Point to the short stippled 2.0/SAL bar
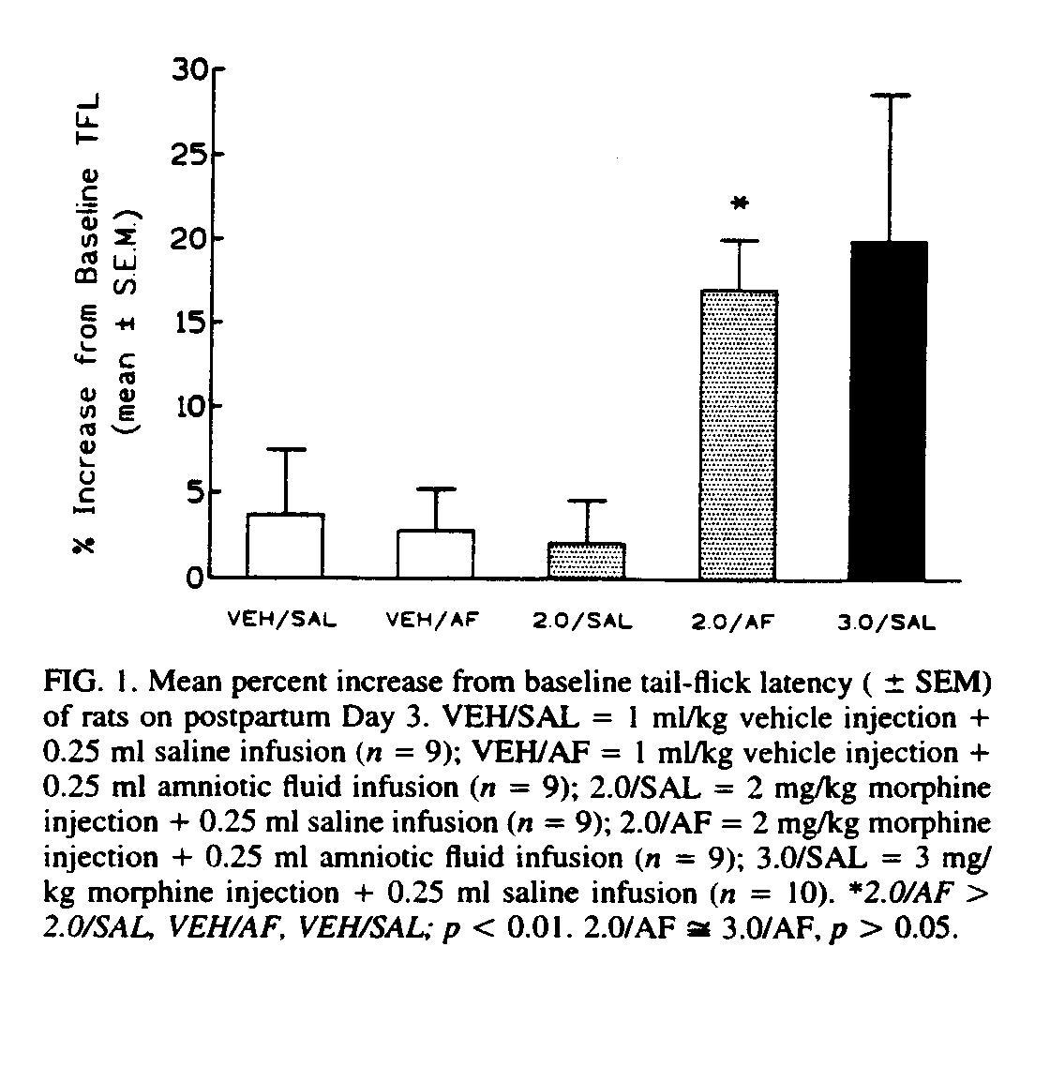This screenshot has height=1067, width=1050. click(587, 560)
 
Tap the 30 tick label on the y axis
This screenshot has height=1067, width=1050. click(193, 70)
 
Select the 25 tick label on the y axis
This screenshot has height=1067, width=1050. click(193, 155)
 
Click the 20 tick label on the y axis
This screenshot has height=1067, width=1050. click(193, 239)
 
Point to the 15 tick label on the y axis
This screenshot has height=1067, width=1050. click(193, 323)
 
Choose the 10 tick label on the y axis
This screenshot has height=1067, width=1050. click(193, 407)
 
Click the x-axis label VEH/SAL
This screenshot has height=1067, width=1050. click(282, 620)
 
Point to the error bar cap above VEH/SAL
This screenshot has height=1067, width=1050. click(285, 449)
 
